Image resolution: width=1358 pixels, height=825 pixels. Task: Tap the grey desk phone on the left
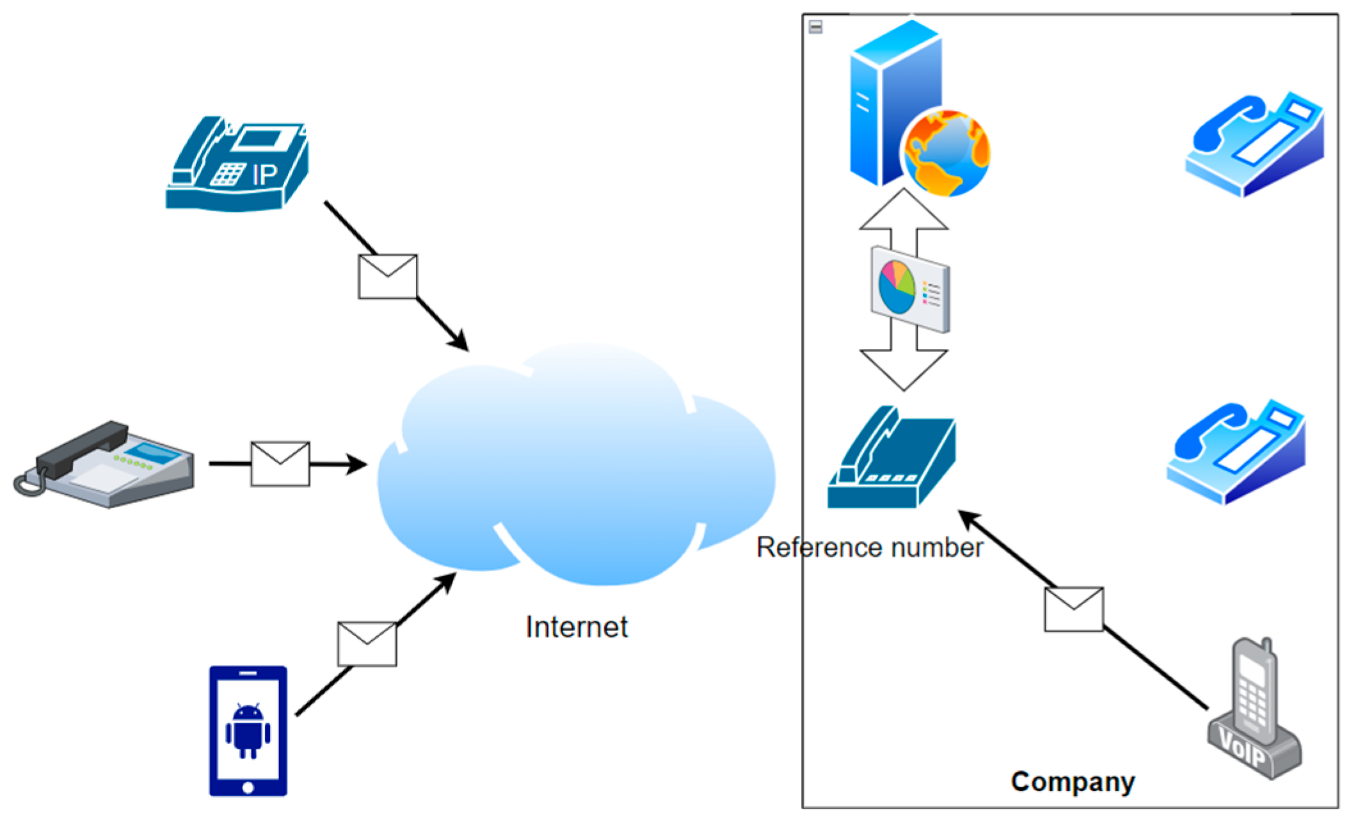[x=106, y=464]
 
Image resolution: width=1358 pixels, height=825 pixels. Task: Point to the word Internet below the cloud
[x=577, y=627]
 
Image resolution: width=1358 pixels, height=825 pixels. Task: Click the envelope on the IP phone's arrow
[x=388, y=276]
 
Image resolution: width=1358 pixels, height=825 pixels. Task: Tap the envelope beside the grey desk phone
[x=280, y=464]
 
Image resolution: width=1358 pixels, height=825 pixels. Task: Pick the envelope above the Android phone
[x=367, y=644]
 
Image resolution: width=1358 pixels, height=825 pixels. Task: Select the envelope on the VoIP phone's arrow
[x=1073, y=609]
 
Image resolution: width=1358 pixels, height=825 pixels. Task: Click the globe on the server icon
[x=946, y=152]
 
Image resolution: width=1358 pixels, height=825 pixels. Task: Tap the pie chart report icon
[x=910, y=289]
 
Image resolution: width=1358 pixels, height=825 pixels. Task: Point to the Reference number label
[x=869, y=548]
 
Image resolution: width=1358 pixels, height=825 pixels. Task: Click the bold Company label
[x=1073, y=781]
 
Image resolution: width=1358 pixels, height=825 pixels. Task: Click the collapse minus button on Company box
[x=815, y=27]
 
